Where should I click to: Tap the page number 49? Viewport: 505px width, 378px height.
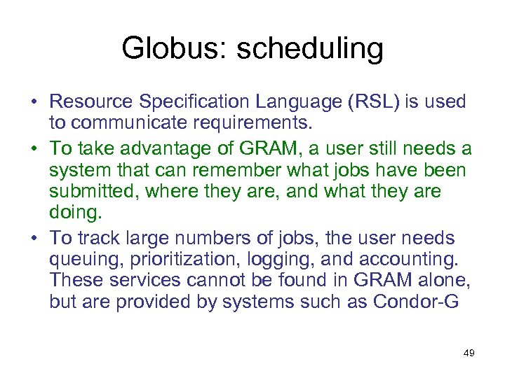coord(469,353)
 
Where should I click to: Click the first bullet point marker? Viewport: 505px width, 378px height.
coord(34,102)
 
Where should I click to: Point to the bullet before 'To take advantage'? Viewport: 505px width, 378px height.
coord(34,150)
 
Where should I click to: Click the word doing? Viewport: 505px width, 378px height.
coord(72,211)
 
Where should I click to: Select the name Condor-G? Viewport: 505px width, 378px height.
coord(428,302)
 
